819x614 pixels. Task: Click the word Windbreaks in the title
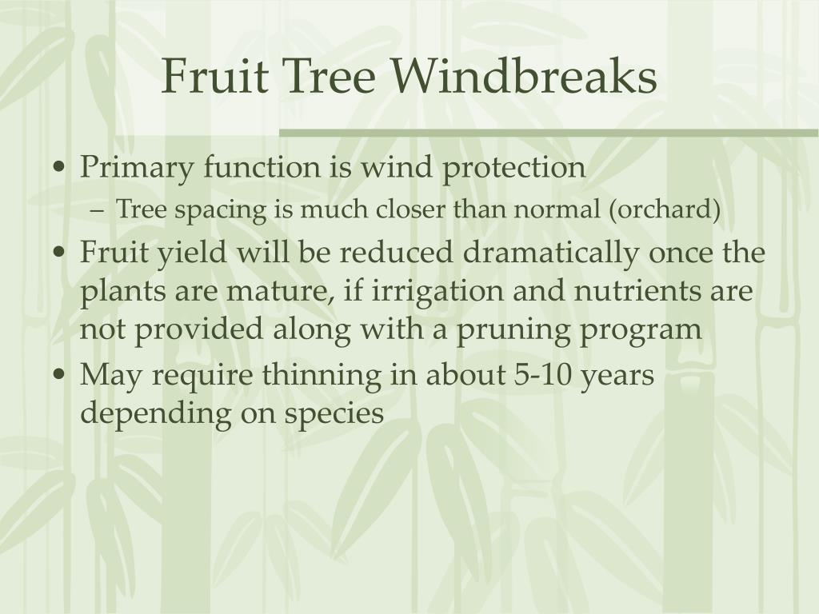pos(524,78)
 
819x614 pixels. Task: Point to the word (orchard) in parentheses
pos(665,210)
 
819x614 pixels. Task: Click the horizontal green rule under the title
pos(548,132)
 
